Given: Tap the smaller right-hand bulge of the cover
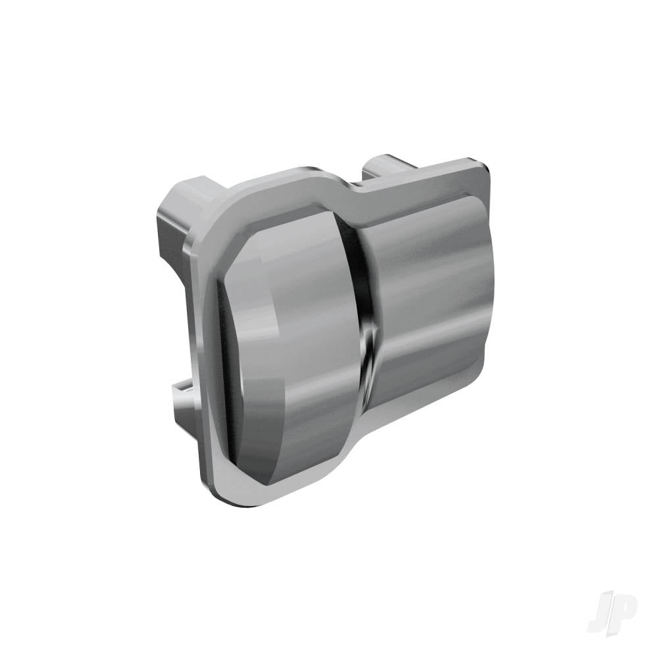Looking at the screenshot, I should pyautogui.click(x=428, y=296).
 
